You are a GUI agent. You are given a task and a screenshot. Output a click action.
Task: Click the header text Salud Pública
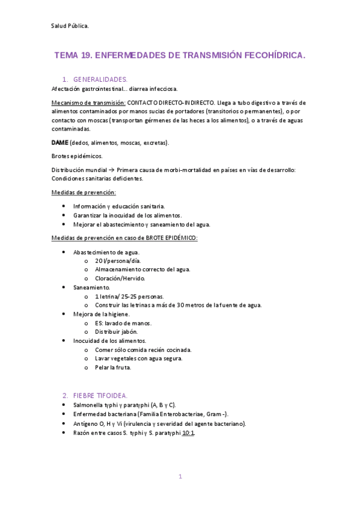coord(70,26)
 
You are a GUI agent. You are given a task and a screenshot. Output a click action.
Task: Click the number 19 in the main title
coord(87,55)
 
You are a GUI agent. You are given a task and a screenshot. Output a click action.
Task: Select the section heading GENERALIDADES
coord(100,79)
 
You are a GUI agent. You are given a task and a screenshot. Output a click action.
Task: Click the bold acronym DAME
coord(60,143)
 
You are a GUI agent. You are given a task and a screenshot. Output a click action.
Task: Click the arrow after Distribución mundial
coord(112,170)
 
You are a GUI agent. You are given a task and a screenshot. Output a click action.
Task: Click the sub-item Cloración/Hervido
coord(120,278)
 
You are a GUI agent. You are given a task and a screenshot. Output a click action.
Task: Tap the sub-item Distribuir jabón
coord(117,331)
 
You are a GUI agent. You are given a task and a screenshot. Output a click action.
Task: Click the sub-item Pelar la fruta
coord(113,367)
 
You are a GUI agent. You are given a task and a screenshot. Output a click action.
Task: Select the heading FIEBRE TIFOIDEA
coord(100,395)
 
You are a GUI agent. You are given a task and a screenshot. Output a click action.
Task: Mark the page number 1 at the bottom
coord(180,476)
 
